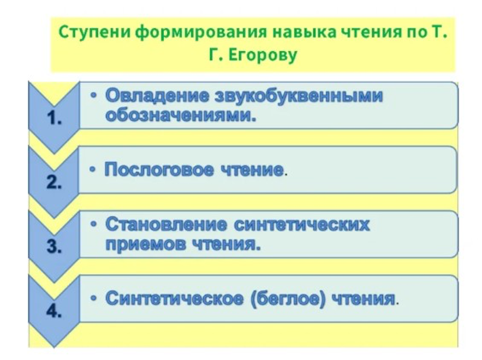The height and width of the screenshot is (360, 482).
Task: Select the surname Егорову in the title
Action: click(263, 56)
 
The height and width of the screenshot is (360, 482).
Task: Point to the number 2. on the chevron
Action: click(55, 183)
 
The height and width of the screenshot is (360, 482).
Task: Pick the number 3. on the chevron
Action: click(55, 247)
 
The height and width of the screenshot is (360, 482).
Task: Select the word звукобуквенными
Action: click(299, 95)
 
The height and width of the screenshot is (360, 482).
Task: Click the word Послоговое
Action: click(159, 170)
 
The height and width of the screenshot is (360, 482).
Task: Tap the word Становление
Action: click(166, 225)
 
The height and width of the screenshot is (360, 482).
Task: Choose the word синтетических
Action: click(302, 225)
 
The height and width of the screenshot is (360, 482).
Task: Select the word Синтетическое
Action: click(174, 298)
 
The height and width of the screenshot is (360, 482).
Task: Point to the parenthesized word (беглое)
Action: click(288, 298)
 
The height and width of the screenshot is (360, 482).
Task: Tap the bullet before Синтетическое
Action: click(94, 298)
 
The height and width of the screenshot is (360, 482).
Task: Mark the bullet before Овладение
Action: click(94, 95)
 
